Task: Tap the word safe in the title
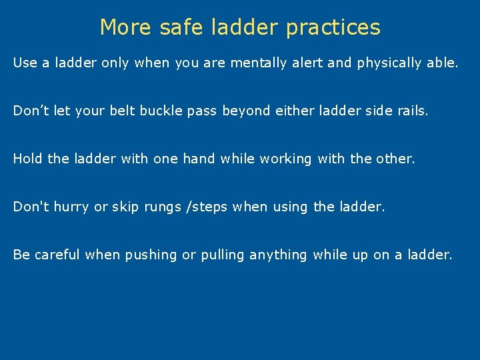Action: [175, 27]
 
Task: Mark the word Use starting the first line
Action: [25, 63]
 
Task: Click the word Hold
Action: [27, 159]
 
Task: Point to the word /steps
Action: [205, 207]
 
